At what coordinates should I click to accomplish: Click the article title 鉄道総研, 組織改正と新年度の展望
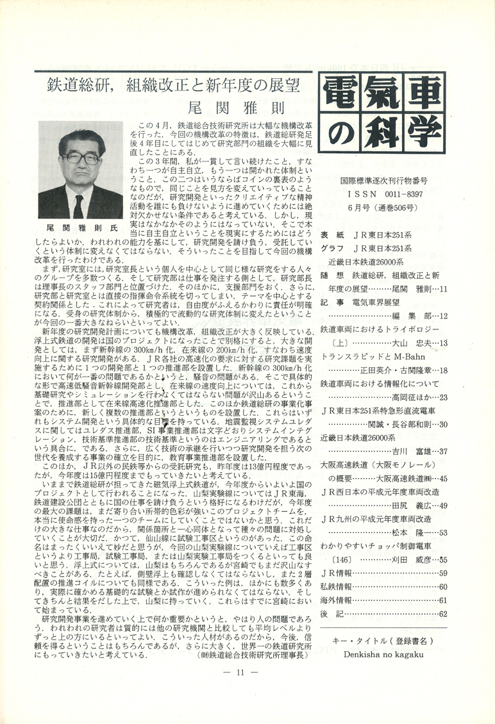[172, 86]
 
